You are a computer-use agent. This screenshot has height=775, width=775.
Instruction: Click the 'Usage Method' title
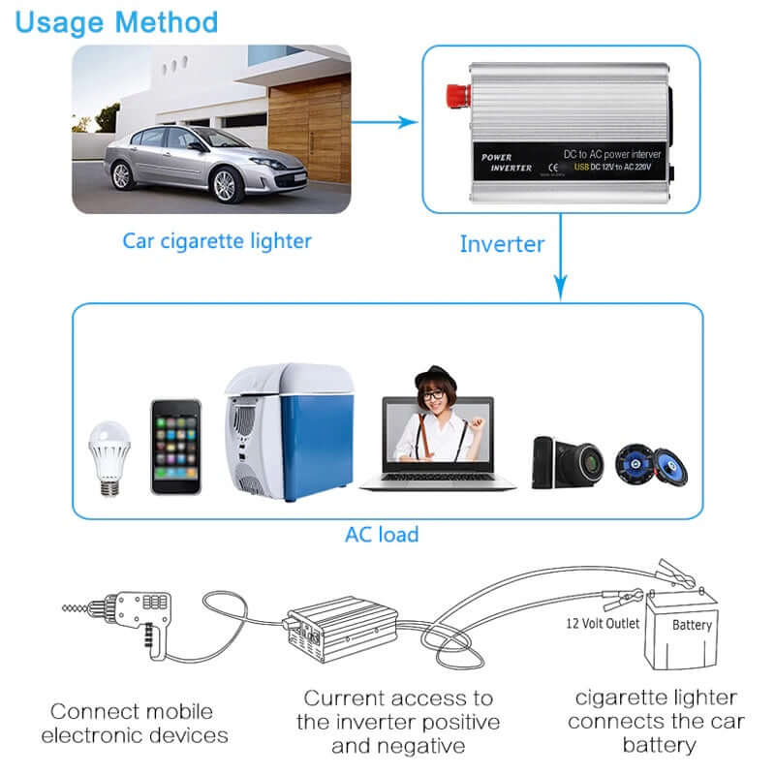[x=116, y=21]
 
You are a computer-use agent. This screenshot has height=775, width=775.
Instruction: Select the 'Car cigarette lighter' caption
[x=217, y=240]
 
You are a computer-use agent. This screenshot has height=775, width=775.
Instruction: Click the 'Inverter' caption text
[x=502, y=244]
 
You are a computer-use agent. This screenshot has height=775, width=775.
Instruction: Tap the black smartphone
[x=175, y=447]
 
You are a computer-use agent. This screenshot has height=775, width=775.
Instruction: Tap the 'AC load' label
[x=382, y=535]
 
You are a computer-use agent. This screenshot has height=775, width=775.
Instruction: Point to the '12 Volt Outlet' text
[x=603, y=623]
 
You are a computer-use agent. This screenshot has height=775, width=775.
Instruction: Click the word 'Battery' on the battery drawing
[x=692, y=625]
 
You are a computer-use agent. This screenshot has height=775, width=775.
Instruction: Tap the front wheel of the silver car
[x=224, y=183]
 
